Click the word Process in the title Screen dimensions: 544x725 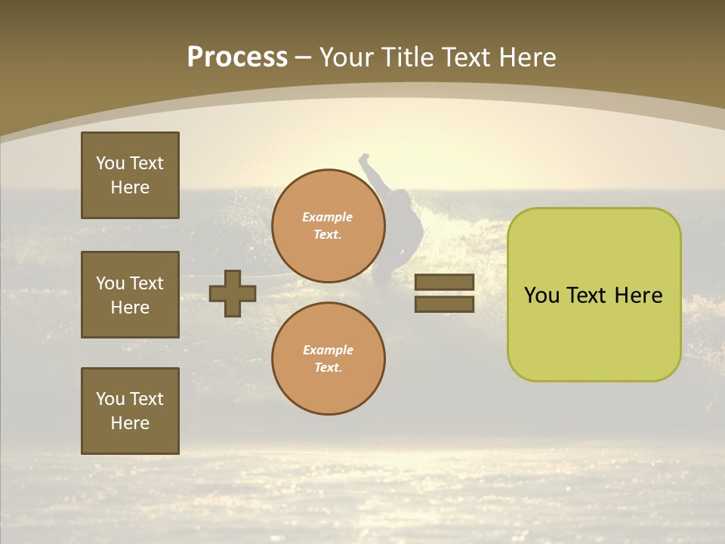(x=237, y=57)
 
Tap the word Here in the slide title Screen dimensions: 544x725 (x=524, y=57)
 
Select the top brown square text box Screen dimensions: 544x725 (x=130, y=175)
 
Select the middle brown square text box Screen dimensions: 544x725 (x=130, y=295)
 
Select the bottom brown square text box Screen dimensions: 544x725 (x=130, y=411)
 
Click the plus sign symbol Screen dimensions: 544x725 (x=233, y=293)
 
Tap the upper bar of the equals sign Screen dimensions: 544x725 (x=444, y=282)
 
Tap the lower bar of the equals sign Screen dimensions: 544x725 (x=444, y=304)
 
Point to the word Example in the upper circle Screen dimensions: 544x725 (x=327, y=217)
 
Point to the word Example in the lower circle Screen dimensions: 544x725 (x=327, y=350)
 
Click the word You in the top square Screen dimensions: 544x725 (x=110, y=163)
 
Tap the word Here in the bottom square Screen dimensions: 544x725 (x=130, y=423)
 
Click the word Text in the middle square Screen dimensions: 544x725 (x=147, y=283)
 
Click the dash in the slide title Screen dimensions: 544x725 (x=303, y=58)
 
